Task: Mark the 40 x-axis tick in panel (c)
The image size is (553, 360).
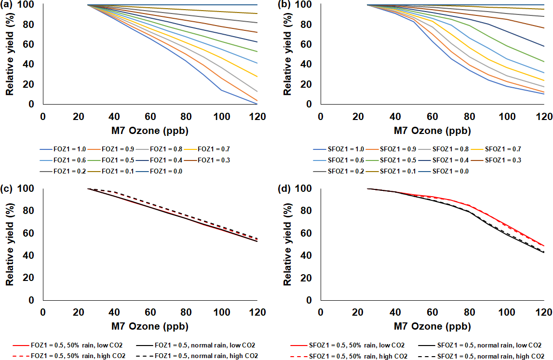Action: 114,312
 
